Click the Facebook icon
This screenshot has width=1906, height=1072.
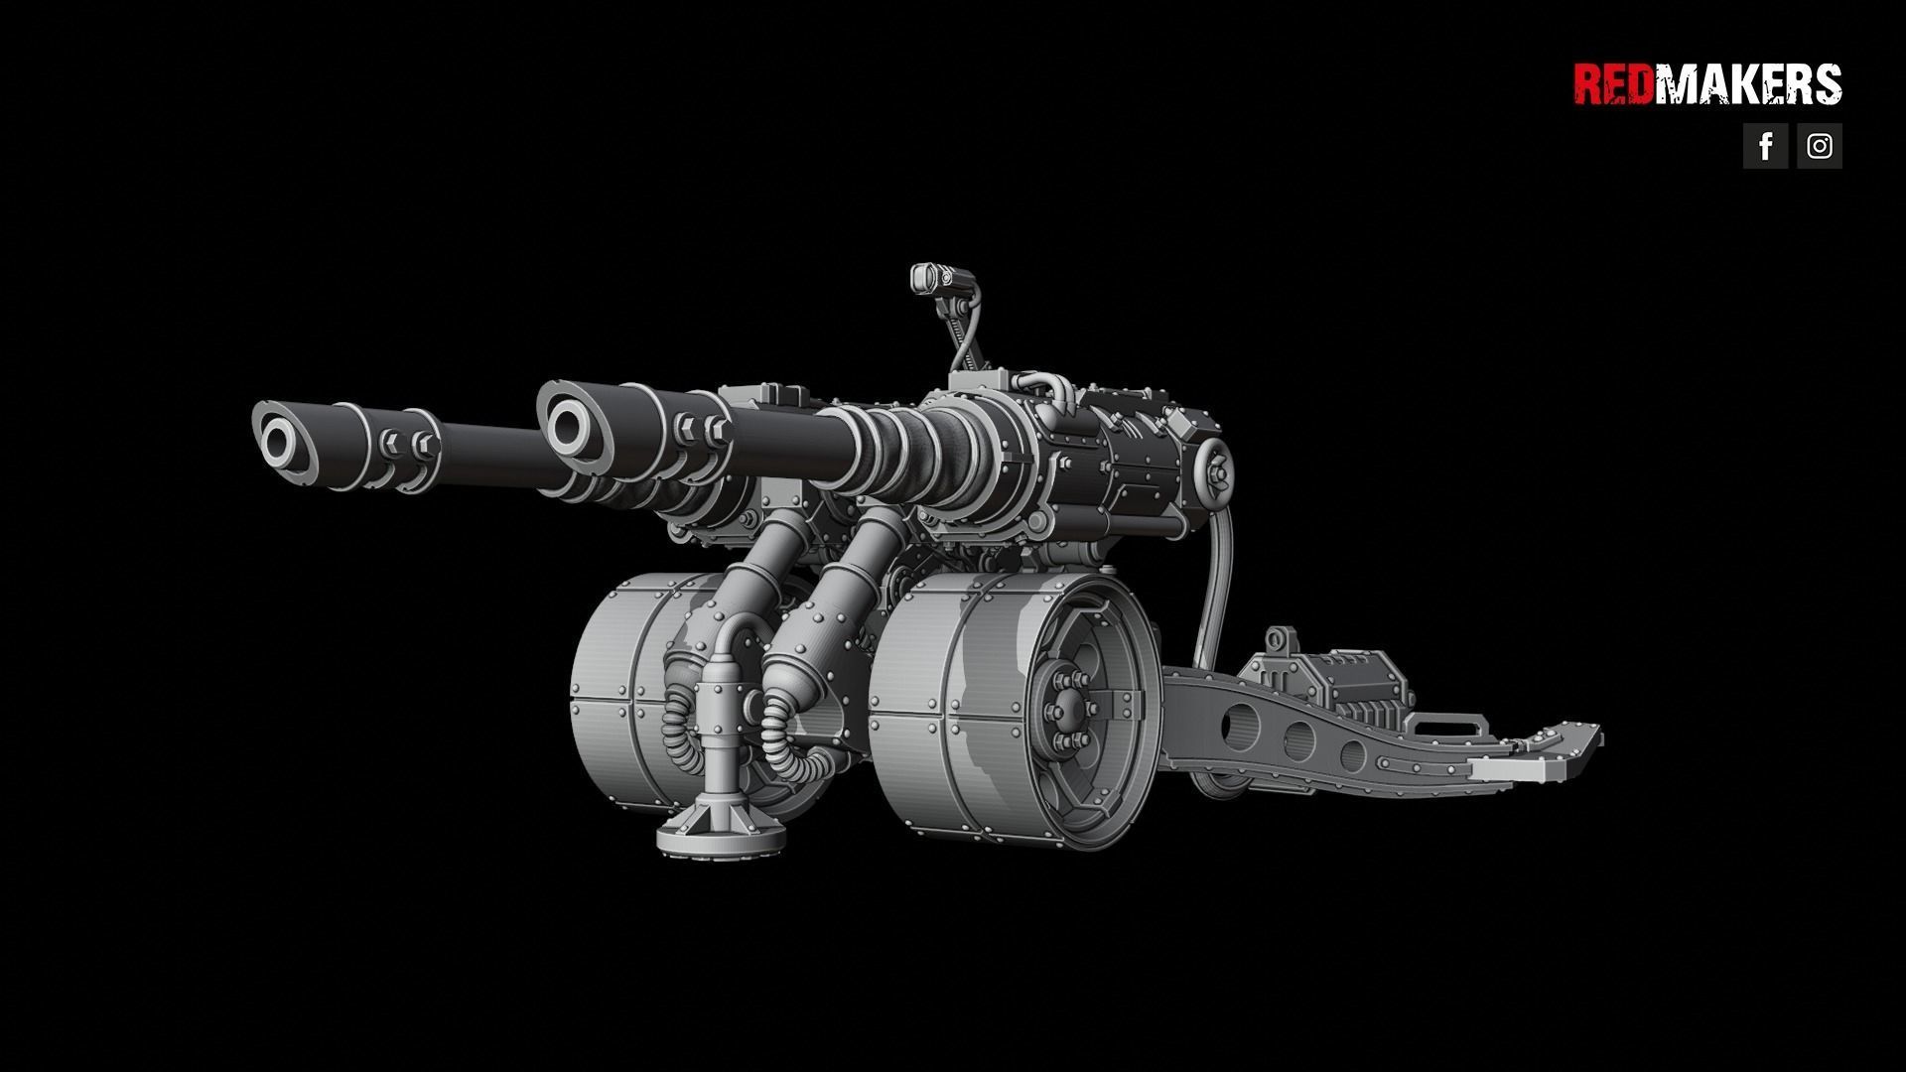[x=1765, y=146]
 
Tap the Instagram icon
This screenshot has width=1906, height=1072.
[x=1819, y=146]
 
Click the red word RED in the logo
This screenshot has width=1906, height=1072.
[x=1613, y=84]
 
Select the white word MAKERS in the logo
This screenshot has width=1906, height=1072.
[x=1747, y=84]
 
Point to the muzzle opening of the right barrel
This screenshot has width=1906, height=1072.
[x=569, y=424]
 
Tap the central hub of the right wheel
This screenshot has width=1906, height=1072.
[x=1064, y=710]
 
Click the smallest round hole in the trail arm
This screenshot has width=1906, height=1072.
[x=1351, y=755]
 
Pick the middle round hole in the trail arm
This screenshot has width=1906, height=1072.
[x=1299, y=738]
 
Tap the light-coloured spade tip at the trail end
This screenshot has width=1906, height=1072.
[x=1509, y=769]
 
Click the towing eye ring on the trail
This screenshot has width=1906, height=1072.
[x=1282, y=638]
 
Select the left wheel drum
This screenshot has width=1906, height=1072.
[x=620, y=695]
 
